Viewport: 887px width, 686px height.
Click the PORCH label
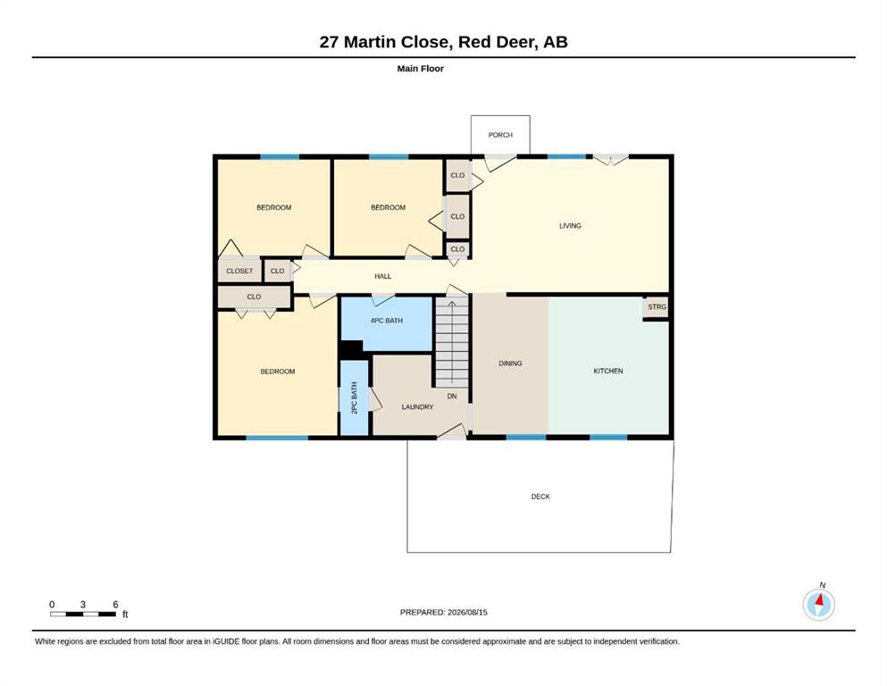(x=500, y=135)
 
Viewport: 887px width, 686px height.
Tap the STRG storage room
(x=657, y=307)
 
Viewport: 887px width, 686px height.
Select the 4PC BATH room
(x=387, y=323)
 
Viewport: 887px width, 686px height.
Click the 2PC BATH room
(x=354, y=397)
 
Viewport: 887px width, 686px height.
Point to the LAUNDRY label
(x=417, y=407)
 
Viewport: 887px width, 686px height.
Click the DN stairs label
(x=452, y=397)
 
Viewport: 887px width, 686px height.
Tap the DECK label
(x=540, y=497)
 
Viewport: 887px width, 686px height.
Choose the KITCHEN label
(x=608, y=371)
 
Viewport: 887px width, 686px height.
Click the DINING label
(x=510, y=364)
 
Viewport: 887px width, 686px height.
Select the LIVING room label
(x=570, y=226)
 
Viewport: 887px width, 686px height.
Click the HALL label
(x=383, y=277)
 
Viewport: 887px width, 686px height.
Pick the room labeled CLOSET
(x=240, y=271)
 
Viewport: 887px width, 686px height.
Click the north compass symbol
(x=819, y=604)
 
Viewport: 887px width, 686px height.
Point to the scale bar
(x=83, y=615)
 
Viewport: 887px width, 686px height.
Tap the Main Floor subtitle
(x=421, y=69)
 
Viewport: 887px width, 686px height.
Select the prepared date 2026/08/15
(x=467, y=612)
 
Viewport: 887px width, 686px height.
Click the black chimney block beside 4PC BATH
(x=351, y=349)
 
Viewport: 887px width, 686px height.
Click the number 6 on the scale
(x=115, y=605)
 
